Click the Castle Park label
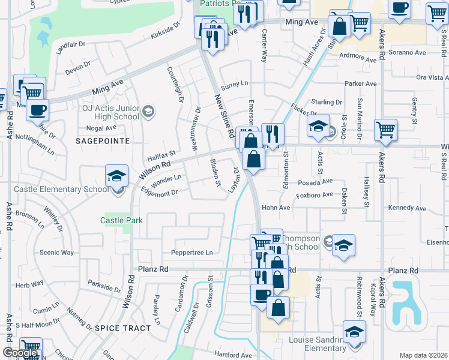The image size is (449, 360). [x=121, y=220]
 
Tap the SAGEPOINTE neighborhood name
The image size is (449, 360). [x=102, y=140]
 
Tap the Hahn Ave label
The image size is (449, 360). [x=276, y=208]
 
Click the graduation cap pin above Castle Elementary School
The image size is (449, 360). [x=116, y=176]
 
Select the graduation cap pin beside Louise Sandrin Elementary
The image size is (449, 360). [x=354, y=332]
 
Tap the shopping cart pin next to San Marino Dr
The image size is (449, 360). [x=385, y=130]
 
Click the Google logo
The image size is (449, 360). [x=20, y=353]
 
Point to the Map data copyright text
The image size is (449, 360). [x=423, y=355]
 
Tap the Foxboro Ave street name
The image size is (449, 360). [x=315, y=194]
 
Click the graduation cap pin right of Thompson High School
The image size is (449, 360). [x=343, y=245]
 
